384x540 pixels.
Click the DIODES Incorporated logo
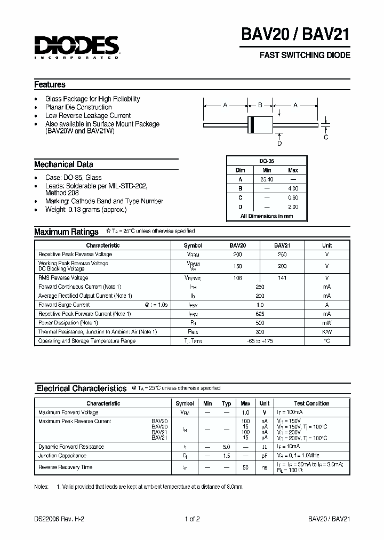(x=76, y=47)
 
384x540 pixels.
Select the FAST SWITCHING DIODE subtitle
(x=305, y=55)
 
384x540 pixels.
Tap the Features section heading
(x=50, y=84)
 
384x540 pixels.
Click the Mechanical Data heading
(x=63, y=164)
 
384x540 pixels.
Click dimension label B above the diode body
(x=260, y=105)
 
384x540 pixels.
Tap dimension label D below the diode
(x=279, y=143)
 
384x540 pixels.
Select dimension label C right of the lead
(x=326, y=137)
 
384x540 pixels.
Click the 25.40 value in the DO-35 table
(x=267, y=179)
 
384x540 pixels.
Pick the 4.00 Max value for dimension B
(x=293, y=188)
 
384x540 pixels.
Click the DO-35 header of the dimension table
(x=267, y=161)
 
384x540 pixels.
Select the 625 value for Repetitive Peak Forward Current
(x=260, y=314)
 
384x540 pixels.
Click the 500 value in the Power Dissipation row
(x=260, y=323)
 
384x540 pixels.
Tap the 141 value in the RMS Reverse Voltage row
(x=282, y=278)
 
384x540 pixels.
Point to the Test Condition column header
(x=311, y=403)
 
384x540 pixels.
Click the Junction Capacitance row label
(x=62, y=456)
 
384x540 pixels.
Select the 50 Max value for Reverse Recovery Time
(x=246, y=467)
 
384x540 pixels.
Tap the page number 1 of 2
(x=191, y=519)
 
